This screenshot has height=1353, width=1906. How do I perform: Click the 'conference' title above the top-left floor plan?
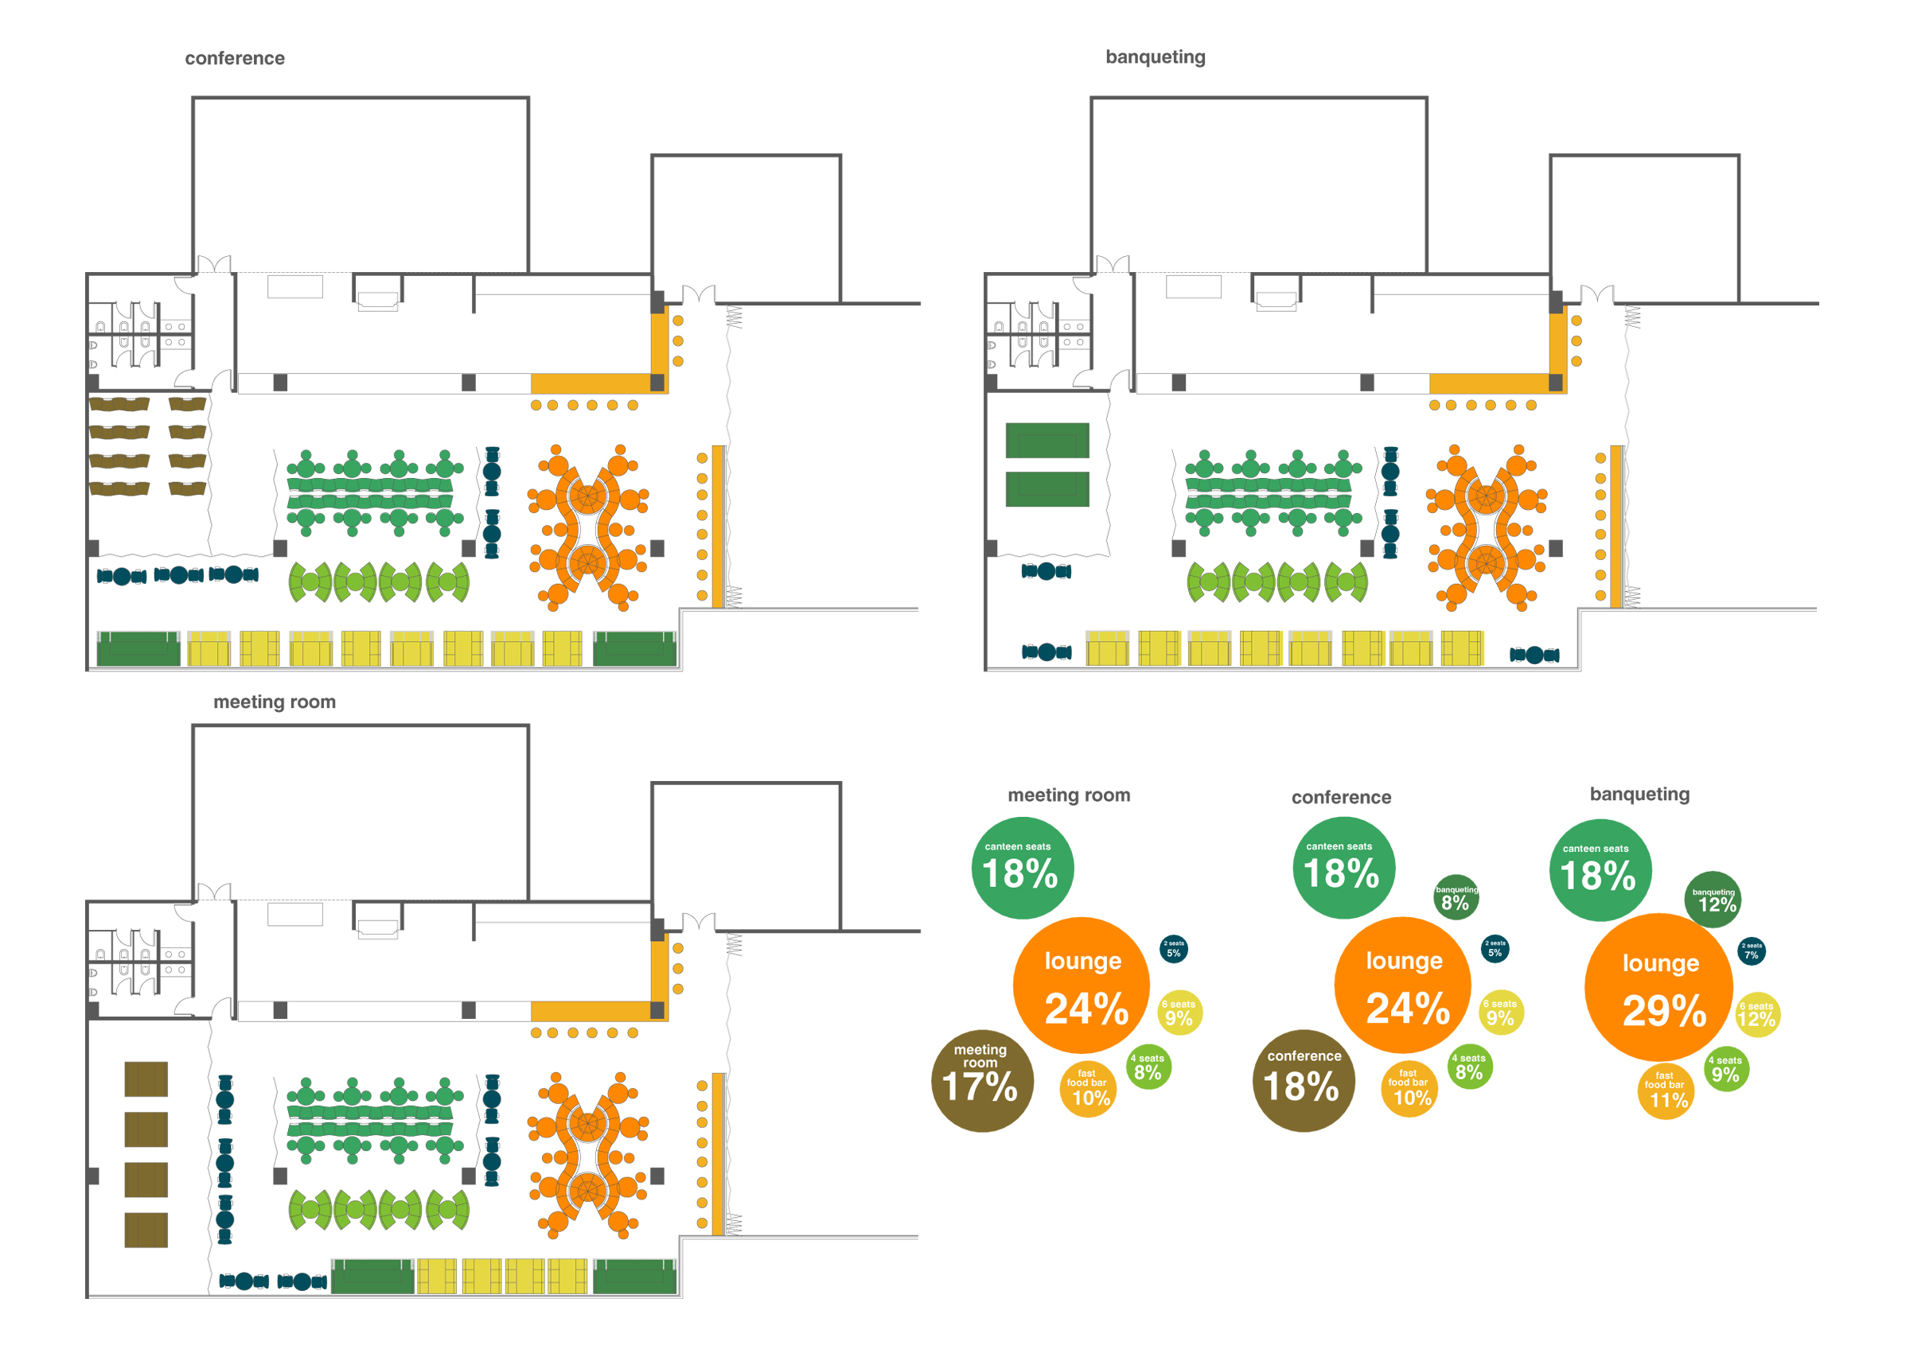[234, 58]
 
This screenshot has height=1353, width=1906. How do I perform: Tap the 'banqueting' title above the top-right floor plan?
[1154, 56]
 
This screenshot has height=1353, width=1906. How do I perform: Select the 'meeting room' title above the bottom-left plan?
[275, 702]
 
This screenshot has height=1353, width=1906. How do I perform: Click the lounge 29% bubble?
[1658, 986]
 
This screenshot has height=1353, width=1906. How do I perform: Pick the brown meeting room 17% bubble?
[981, 1080]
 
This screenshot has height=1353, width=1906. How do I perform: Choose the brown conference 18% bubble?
[1303, 1080]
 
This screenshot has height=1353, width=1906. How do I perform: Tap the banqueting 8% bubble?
[1455, 897]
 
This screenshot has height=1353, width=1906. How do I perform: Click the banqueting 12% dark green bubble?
[1712, 900]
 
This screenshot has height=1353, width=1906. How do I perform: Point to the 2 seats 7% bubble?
[1751, 951]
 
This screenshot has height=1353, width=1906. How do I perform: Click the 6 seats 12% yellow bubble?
[1757, 1015]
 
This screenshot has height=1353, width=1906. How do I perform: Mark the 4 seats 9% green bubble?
[1725, 1069]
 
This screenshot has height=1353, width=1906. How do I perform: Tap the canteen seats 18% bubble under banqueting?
[1599, 870]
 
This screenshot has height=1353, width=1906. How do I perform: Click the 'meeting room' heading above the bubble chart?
[1069, 795]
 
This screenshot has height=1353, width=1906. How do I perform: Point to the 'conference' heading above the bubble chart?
[1340, 797]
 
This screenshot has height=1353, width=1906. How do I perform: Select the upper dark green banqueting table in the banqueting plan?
[1046, 440]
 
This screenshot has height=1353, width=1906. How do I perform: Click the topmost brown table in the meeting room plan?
[146, 1079]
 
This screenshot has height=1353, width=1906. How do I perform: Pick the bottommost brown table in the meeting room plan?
[146, 1230]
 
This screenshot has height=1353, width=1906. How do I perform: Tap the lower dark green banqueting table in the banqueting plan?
[1046, 489]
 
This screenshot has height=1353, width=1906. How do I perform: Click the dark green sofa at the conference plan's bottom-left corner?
[138, 649]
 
